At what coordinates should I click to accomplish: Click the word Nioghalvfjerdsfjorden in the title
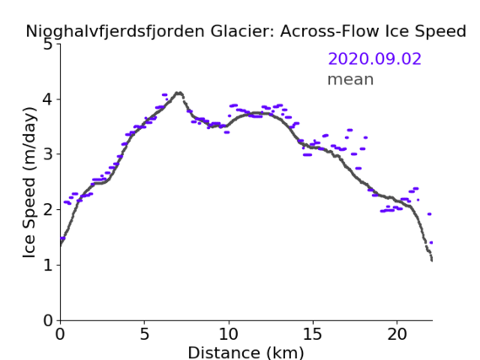115,31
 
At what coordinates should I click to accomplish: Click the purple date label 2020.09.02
375,59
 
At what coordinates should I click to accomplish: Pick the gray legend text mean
351,79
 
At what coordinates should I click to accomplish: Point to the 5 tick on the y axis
48,45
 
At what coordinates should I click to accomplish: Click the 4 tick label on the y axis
48,99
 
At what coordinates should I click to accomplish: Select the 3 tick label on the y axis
48,154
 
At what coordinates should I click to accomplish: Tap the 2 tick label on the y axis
48,210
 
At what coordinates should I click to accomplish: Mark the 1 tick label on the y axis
48,266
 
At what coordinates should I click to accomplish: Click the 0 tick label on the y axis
48,320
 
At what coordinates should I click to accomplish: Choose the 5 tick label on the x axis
144,334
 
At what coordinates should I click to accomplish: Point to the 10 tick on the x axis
229,334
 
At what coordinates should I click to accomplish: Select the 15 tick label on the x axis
313,334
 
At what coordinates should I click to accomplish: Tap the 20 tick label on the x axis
397,334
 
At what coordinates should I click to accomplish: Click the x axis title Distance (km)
245,352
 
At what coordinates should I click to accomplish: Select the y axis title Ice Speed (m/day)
30,182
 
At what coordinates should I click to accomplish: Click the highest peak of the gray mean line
179,93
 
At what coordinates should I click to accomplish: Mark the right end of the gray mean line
432,261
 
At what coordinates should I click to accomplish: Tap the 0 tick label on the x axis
60,334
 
